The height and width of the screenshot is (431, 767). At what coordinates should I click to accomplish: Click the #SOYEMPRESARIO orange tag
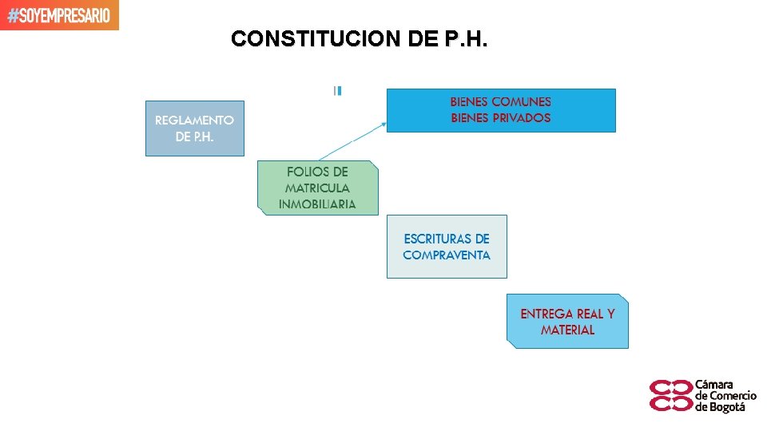(59, 15)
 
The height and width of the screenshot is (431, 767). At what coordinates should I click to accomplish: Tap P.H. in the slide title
(463, 39)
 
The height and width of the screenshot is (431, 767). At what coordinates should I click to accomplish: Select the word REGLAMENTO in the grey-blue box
(194, 121)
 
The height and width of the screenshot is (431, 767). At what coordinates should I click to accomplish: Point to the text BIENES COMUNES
(501, 102)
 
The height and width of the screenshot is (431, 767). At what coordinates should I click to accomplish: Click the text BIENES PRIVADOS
(501, 118)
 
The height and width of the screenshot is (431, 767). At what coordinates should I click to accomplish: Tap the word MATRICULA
(318, 188)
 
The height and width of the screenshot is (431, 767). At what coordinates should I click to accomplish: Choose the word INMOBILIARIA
(318, 204)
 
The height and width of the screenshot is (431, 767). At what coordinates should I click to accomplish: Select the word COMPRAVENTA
(447, 255)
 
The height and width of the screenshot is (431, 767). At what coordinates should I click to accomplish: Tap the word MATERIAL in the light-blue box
(567, 330)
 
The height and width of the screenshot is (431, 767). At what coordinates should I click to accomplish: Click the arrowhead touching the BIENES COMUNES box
(384, 124)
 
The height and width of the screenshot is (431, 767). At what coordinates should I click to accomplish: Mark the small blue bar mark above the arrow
(338, 91)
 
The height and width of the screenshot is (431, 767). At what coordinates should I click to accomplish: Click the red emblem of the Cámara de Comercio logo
(670, 395)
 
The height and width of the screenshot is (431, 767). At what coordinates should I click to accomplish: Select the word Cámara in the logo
(714, 384)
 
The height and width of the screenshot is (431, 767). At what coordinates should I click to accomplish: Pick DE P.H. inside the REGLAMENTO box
(194, 137)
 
